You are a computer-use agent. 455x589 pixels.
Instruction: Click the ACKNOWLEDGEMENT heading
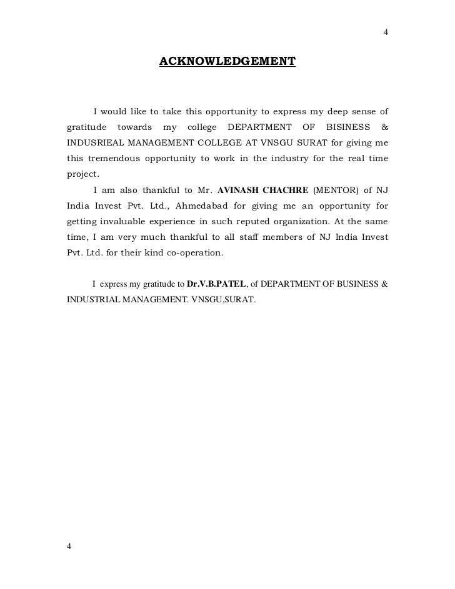(x=227, y=62)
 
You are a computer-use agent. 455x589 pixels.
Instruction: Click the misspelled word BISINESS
(x=347, y=127)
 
